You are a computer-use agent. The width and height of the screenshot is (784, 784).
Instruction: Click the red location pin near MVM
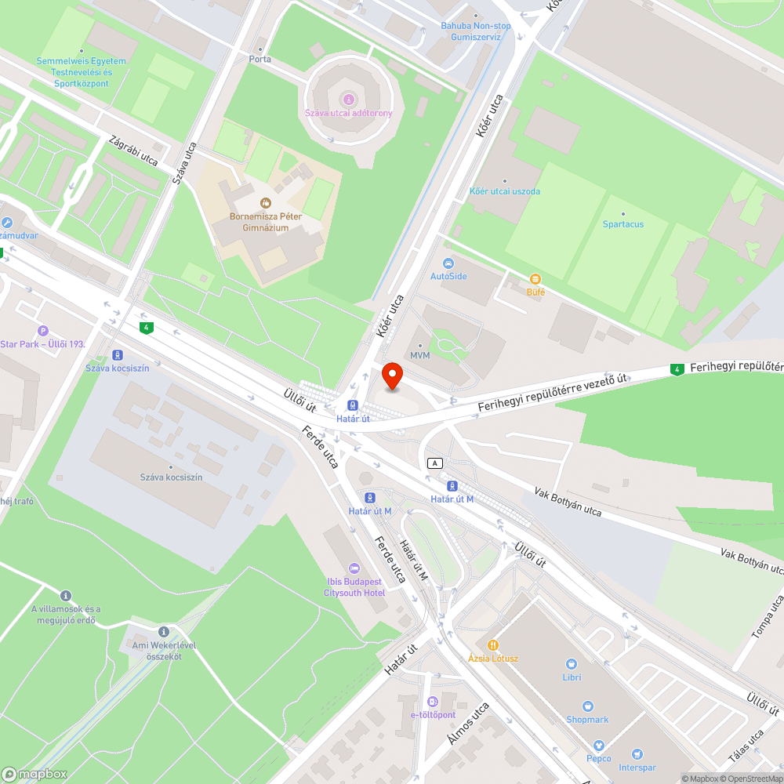pyautogui.click(x=391, y=376)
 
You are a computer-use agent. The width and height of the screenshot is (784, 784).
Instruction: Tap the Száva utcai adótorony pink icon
pyautogui.click(x=348, y=99)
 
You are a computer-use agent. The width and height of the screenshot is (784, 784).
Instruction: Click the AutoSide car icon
pyautogui.click(x=448, y=263)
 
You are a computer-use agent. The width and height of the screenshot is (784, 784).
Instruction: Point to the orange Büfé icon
pyautogui.click(x=535, y=279)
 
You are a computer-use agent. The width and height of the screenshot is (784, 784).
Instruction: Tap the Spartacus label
pyautogui.click(x=623, y=224)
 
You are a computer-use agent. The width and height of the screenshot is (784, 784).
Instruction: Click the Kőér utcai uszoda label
pyautogui.click(x=504, y=191)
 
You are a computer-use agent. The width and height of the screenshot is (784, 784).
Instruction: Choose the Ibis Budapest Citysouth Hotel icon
pyautogui.click(x=354, y=568)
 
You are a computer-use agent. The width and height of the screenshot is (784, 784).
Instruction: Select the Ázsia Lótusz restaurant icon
pyautogui.click(x=493, y=644)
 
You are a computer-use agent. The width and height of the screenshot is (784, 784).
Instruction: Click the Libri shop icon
pyautogui.click(x=572, y=662)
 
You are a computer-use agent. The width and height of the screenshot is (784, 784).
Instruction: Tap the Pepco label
pyautogui.click(x=599, y=758)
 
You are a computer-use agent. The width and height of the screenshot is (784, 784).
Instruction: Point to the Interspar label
pyautogui.click(x=637, y=768)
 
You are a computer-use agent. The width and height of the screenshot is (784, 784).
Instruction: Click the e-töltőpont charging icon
pyautogui.click(x=432, y=701)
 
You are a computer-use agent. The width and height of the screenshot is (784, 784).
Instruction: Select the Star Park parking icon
pyautogui.click(x=43, y=331)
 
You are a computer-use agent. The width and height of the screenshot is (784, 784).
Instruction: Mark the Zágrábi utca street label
pyautogui.click(x=134, y=150)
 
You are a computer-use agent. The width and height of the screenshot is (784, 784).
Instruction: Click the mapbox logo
pyautogui.click(x=35, y=773)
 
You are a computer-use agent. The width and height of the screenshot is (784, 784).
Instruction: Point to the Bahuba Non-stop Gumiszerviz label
pyautogui.click(x=476, y=31)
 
